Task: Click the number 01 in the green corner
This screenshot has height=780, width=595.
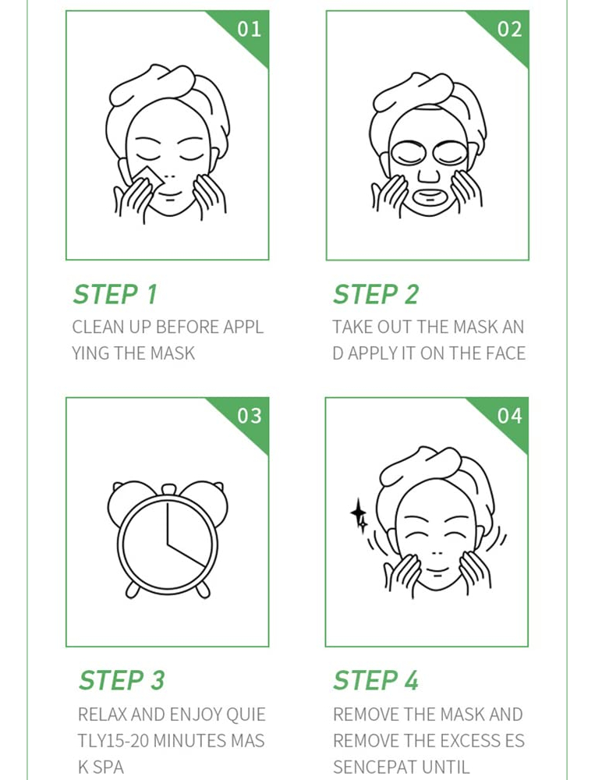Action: tap(250, 29)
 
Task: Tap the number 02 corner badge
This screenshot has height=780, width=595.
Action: tap(509, 29)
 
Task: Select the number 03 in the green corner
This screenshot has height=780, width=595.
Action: tap(250, 416)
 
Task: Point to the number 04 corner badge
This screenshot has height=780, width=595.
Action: tap(509, 416)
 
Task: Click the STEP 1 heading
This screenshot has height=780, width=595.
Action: tap(115, 294)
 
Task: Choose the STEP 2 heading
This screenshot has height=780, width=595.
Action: tap(376, 294)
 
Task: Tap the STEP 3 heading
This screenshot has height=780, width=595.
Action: tap(122, 680)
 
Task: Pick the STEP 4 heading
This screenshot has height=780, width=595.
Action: tap(376, 680)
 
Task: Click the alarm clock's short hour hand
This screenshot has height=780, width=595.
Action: tap(186, 555)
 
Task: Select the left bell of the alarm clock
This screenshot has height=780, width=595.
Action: tap(123, 499)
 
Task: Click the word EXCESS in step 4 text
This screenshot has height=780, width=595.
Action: tap(469, 741)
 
